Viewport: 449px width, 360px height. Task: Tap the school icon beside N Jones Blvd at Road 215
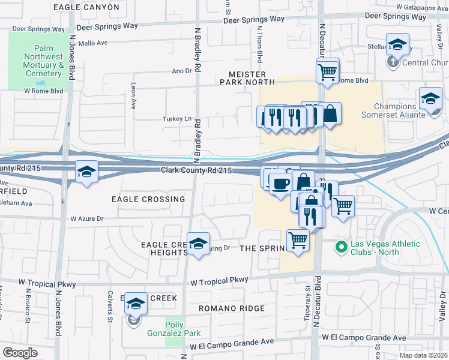coord(86,172)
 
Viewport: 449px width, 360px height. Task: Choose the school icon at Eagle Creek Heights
coord(198,243)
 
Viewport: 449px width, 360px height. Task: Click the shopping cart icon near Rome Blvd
coord(327,71)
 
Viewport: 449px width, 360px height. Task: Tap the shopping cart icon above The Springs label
coord(298,240)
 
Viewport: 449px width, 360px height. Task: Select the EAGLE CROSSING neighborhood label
coord(148,199)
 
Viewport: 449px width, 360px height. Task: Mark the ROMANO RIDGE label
coord(232,308)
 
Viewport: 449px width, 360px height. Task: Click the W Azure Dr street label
coord(87,219)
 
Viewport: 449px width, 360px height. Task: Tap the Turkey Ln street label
coord(176,119)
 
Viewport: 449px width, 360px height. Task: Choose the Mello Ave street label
coord(93,43)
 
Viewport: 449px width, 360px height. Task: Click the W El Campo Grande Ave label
coord(232,342)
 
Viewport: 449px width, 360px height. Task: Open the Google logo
coord(20,353)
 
